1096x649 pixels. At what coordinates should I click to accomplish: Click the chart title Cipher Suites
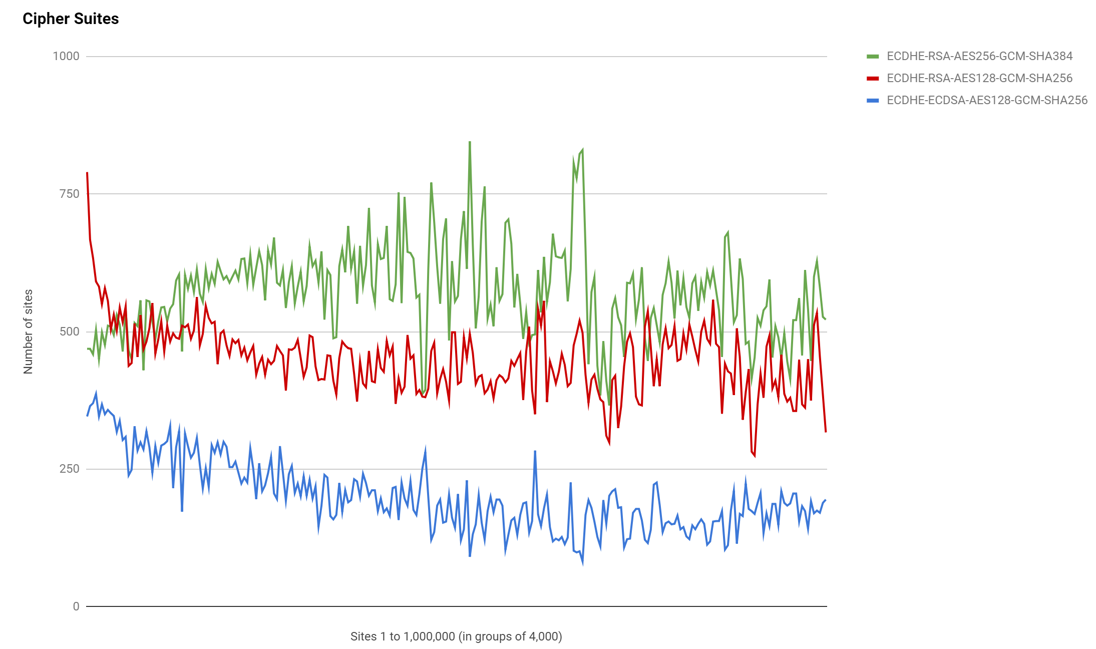(71, 19)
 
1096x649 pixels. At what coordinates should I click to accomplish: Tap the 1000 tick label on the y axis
(66, 56)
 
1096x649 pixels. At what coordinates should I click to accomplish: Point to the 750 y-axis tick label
(69, 194)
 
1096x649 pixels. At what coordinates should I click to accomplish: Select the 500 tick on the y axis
(69, 332)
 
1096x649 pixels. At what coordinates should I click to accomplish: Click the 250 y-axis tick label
(69, 469)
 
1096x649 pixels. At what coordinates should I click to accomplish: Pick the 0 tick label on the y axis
(76, 606)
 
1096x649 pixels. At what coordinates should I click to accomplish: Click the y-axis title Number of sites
(28, 332)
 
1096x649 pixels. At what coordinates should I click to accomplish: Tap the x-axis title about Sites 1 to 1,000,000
(456, 636)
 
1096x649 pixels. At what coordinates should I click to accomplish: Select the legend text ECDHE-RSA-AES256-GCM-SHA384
(979, 56)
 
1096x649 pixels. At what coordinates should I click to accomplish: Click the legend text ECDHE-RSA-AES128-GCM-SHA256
(979, 78)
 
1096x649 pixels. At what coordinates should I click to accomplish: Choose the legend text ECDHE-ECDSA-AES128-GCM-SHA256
(987, 100)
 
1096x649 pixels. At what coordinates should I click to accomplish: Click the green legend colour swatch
(873, 57)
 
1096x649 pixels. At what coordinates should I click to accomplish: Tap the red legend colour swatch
(873, 79)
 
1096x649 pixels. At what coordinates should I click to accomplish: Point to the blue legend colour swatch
(873, 101)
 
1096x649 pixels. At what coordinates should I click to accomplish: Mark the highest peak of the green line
(470, 142)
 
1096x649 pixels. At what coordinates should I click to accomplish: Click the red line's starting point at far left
(87, 173)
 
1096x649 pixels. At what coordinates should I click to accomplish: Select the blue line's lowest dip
(582, 563)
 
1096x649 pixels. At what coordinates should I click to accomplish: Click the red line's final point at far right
(826, 432)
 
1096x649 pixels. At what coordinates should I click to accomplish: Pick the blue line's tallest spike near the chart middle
(535, 451)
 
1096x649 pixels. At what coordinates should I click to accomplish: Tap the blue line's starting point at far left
(87, 416)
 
